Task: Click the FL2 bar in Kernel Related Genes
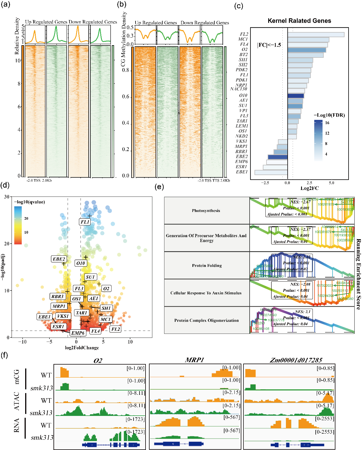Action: (316, 35)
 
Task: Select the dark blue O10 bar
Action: (296, 96)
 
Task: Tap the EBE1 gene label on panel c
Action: (242, 172)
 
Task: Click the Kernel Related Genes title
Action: (299, 21)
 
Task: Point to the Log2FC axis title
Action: (309, 188)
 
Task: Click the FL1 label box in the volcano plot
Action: (85, 222)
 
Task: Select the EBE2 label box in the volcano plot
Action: (59, 259)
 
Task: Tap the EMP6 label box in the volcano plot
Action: (78, 333)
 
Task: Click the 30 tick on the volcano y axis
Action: (7, 197)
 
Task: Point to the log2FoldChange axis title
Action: (82, 348)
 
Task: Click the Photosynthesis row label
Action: (206, 211)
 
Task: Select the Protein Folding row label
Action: (207, 265)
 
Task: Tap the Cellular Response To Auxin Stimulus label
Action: (206, 293)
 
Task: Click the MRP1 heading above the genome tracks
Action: (194, 360)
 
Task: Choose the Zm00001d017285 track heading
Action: (296, 360)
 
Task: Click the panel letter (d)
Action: (5, 185)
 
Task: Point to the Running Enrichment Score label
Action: (358, 274)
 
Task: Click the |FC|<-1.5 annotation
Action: (269, 45)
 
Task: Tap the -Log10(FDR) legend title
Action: (329, 115)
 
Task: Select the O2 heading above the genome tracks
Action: (98, 360)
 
